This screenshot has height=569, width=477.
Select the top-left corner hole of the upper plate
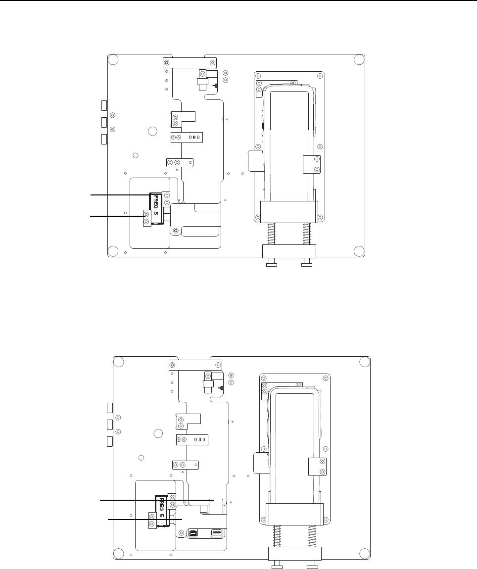(113, 59)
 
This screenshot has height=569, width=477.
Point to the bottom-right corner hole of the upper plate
(359, 251)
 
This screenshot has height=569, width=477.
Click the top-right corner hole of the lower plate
(365, 361)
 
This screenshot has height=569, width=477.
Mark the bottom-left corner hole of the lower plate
(118, 554)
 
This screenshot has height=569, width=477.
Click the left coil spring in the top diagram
(271, 234)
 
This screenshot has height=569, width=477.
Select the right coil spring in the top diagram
(307, 234)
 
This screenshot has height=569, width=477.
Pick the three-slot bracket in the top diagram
(187, 138)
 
